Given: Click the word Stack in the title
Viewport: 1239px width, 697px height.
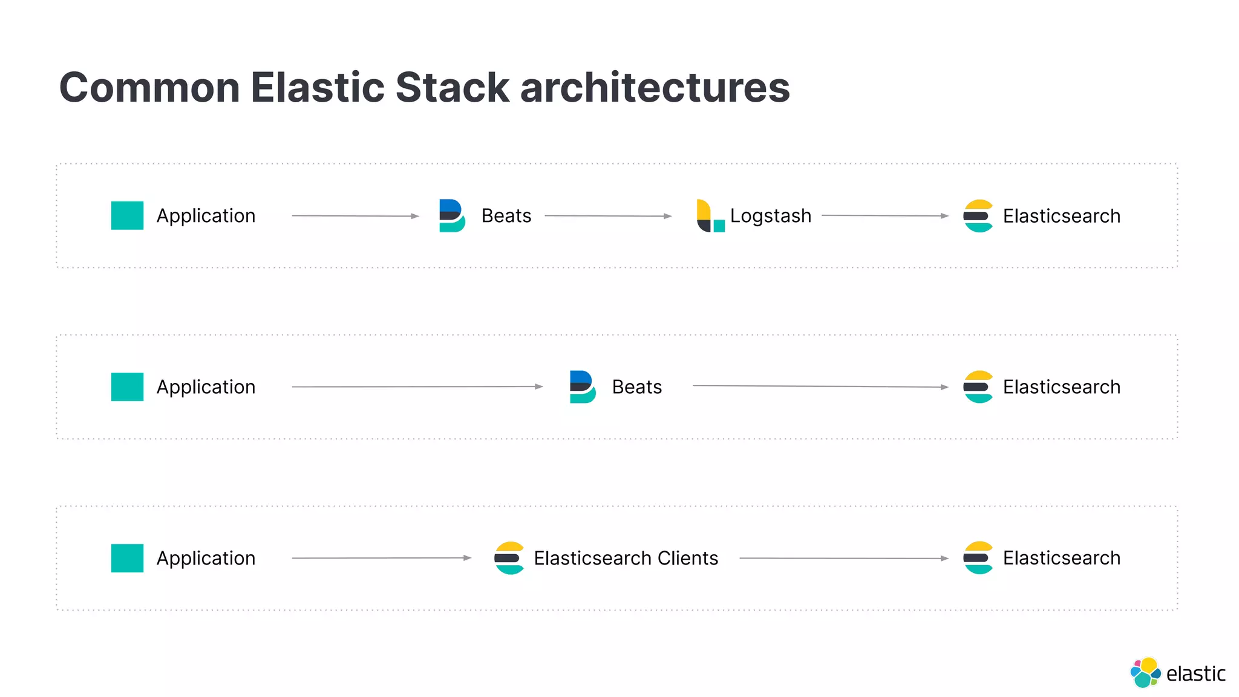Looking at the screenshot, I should pos(453,88).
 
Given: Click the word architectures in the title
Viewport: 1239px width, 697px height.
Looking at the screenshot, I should pos(655,88).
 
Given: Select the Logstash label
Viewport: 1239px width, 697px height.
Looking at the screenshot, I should pos(770,216).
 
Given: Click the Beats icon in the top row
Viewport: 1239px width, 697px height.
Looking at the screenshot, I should pos(452,216).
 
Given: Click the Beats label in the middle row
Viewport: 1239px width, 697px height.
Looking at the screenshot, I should pos(636,387).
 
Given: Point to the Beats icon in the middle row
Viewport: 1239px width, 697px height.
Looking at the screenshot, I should pos(583,387).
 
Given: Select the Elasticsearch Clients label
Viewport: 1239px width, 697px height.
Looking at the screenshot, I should pos(626,558).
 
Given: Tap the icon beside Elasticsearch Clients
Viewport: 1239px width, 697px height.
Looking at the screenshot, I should pos(509,558).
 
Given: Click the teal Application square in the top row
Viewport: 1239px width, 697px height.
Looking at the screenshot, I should pos(127,216).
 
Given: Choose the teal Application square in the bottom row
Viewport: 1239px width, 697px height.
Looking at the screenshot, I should pos(127,558).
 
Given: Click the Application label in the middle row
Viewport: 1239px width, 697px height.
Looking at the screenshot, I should pos(206,387).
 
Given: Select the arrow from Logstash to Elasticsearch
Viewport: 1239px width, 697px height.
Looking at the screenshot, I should pos(884,216).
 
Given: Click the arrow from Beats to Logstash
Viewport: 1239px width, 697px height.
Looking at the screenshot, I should pos(608,216).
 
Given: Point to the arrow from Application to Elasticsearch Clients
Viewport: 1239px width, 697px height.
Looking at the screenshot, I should pos(381,558).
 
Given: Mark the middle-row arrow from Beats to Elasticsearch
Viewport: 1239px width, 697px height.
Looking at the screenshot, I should pos(820,387).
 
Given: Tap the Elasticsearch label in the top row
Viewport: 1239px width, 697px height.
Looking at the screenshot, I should pos(1061,216).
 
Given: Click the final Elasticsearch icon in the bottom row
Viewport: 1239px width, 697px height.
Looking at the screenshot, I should pos(978,558).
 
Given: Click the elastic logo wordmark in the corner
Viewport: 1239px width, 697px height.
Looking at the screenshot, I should pos(1195,674).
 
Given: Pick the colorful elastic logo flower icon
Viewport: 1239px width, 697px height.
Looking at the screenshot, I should pos(1145,673).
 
